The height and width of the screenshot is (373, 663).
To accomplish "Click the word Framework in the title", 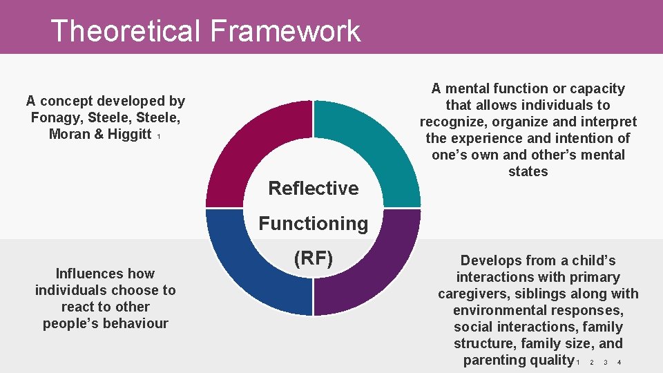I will [285, 31].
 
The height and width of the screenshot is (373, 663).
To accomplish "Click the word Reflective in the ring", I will [313, 188].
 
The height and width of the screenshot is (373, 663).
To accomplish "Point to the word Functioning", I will [313, 223].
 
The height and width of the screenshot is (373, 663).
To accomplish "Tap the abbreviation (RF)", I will [313, 258].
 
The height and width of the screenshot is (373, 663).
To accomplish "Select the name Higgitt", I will [124, 135].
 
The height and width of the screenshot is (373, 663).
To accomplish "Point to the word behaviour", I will [135, 323].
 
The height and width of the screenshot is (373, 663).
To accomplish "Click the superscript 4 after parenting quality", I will [619, 363].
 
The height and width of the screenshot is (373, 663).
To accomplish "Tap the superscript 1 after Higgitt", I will [159, 137].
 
